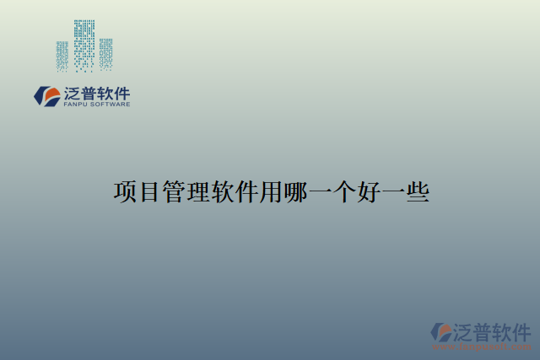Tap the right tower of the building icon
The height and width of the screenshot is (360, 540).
coord(105,52)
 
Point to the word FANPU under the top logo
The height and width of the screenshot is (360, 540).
coord(75,105)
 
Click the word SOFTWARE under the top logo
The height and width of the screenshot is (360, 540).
coord(111,105)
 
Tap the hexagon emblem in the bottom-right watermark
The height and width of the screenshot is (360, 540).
coord(441,331)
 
